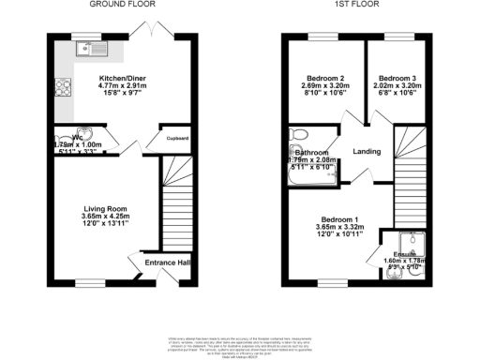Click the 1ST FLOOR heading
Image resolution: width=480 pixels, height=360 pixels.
(x=355, y=5)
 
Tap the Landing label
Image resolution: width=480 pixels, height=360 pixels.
(x=365, y=152)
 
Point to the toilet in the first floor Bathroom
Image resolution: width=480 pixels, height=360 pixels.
(x=298, y=134)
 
